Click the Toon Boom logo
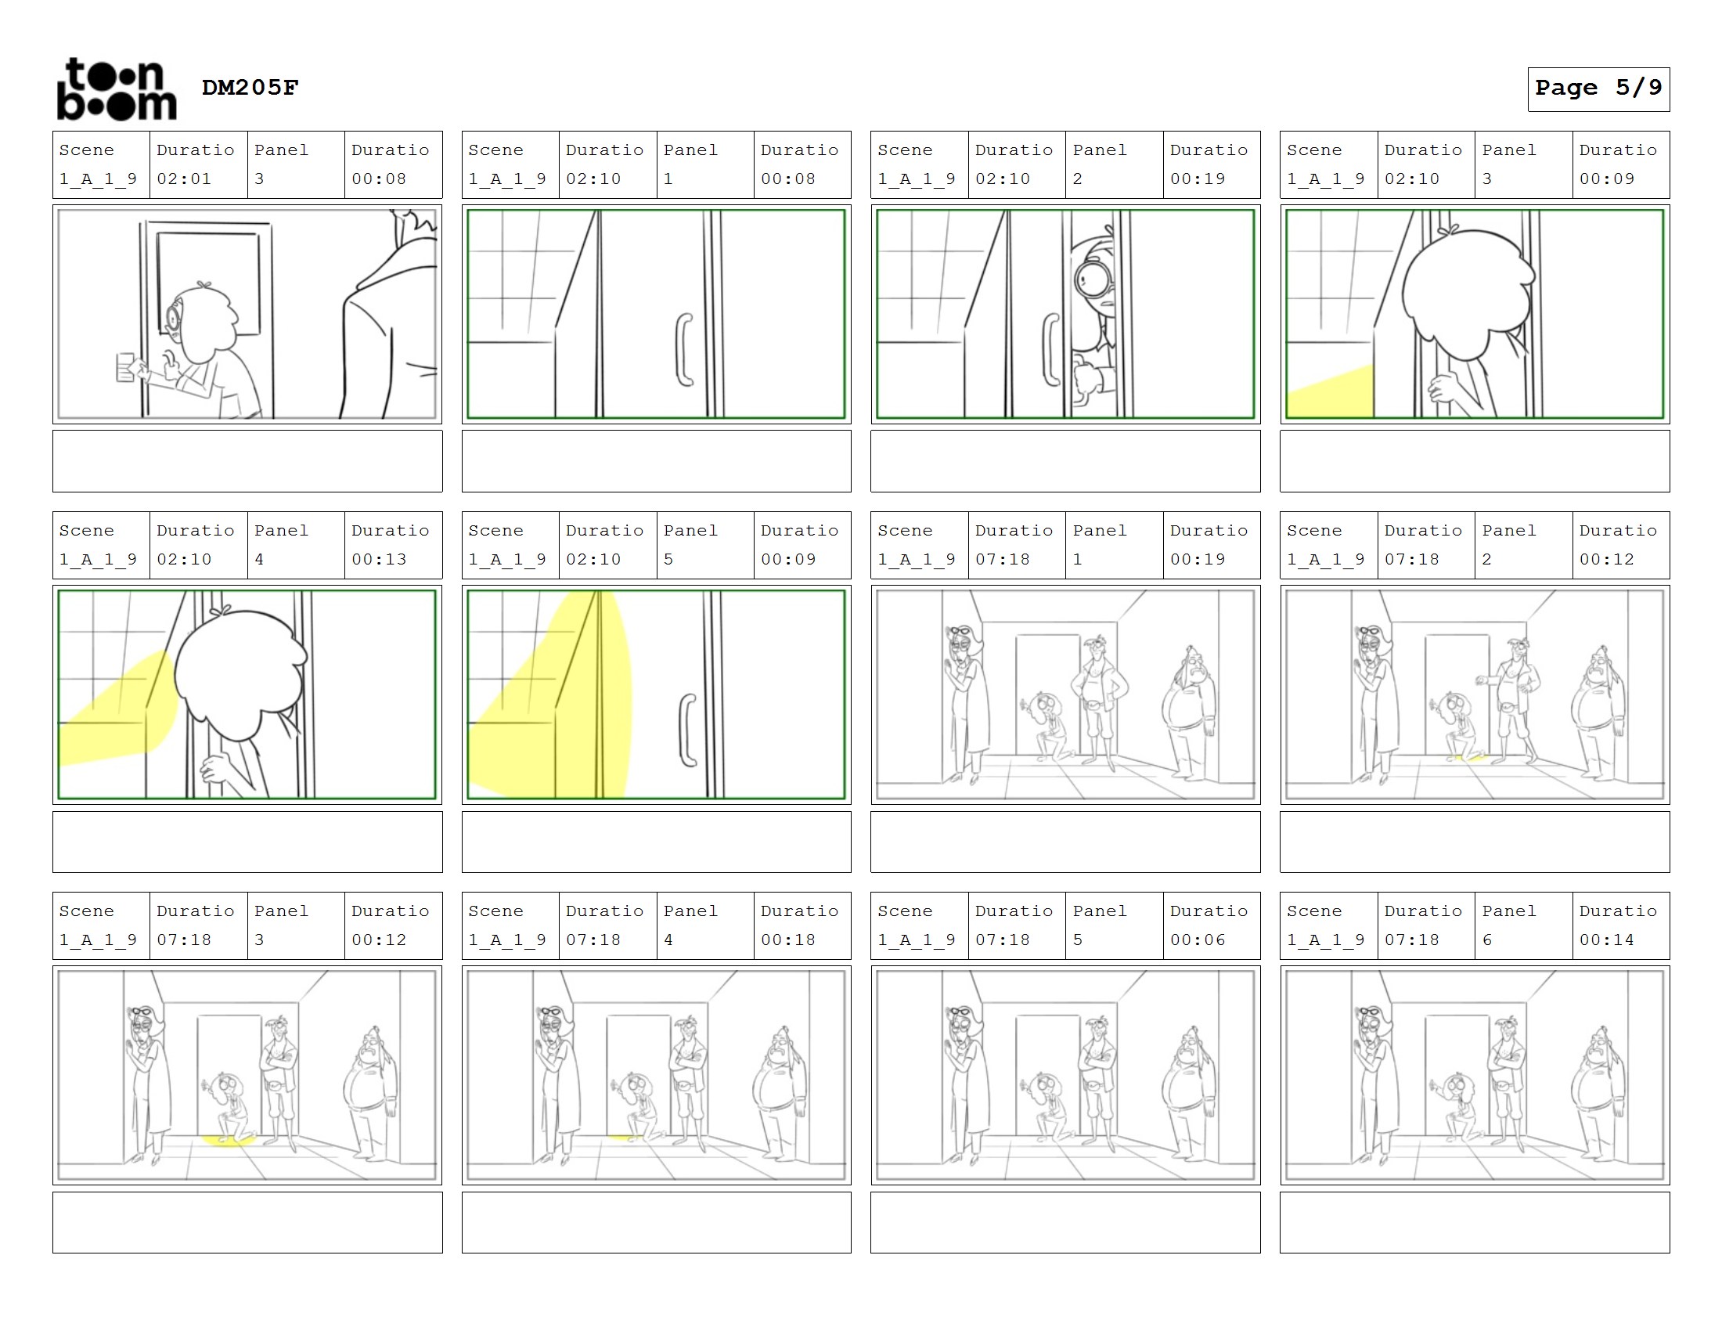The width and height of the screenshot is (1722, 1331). pyautogui.click(x=117, y=89)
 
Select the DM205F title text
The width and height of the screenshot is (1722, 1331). pyautogui.click(x=250, y=87)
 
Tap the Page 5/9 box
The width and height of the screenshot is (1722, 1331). pyautogui.click(x=1598, y=89)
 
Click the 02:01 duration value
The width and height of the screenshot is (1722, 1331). pyautogui.click(x=184, y=179)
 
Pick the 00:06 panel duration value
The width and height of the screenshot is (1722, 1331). pyautogui.click(x=1198, y=940)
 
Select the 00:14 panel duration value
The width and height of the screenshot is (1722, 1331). pyautogui.click(x=1607, y=940)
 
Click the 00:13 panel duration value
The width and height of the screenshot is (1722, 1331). pyautogui.click(x=380, y=559)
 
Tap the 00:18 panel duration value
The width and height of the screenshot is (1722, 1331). pyautogui.click(x=788, y=940)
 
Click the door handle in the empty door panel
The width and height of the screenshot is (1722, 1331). pyautogui.click(x=683, y=349)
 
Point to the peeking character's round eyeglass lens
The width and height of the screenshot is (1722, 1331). pyautogui.click(x=1091, y=278)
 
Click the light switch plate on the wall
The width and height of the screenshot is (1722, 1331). pyautogui.click(x=125, y=367)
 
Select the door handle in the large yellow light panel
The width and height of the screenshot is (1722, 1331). pyautogui.click(x=687, y=730)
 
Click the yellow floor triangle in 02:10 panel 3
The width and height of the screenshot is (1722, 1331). pyautogui.click(x=1330, y=391)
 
